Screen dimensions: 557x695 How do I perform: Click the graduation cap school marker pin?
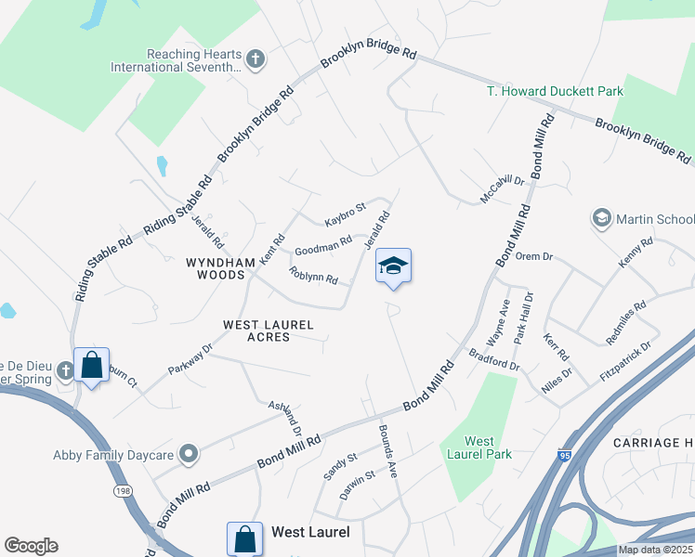click(393, 266)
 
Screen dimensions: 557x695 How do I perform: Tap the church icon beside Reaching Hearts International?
click(256, 60)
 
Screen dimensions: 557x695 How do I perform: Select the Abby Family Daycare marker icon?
click(190, 454)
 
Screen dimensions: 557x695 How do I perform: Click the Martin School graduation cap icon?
click(600, 219)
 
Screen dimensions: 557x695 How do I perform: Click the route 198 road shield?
click(123, 489)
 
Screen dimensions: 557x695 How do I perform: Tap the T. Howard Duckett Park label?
click(556, 91)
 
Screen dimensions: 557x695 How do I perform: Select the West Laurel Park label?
click(479, 447)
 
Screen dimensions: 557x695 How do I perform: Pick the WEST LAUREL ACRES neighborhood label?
click(269, 330)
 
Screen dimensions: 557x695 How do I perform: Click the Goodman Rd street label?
click(322, 246)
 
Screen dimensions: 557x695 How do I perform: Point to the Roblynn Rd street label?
click(313, 275)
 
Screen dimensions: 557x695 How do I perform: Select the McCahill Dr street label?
click(503, 188)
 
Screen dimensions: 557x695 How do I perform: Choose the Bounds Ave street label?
click(387, 450)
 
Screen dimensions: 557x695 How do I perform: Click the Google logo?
click(31, 546)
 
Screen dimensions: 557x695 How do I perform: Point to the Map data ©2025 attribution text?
click(655, 550)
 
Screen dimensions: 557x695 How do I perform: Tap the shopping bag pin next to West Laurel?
click(243, 538)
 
